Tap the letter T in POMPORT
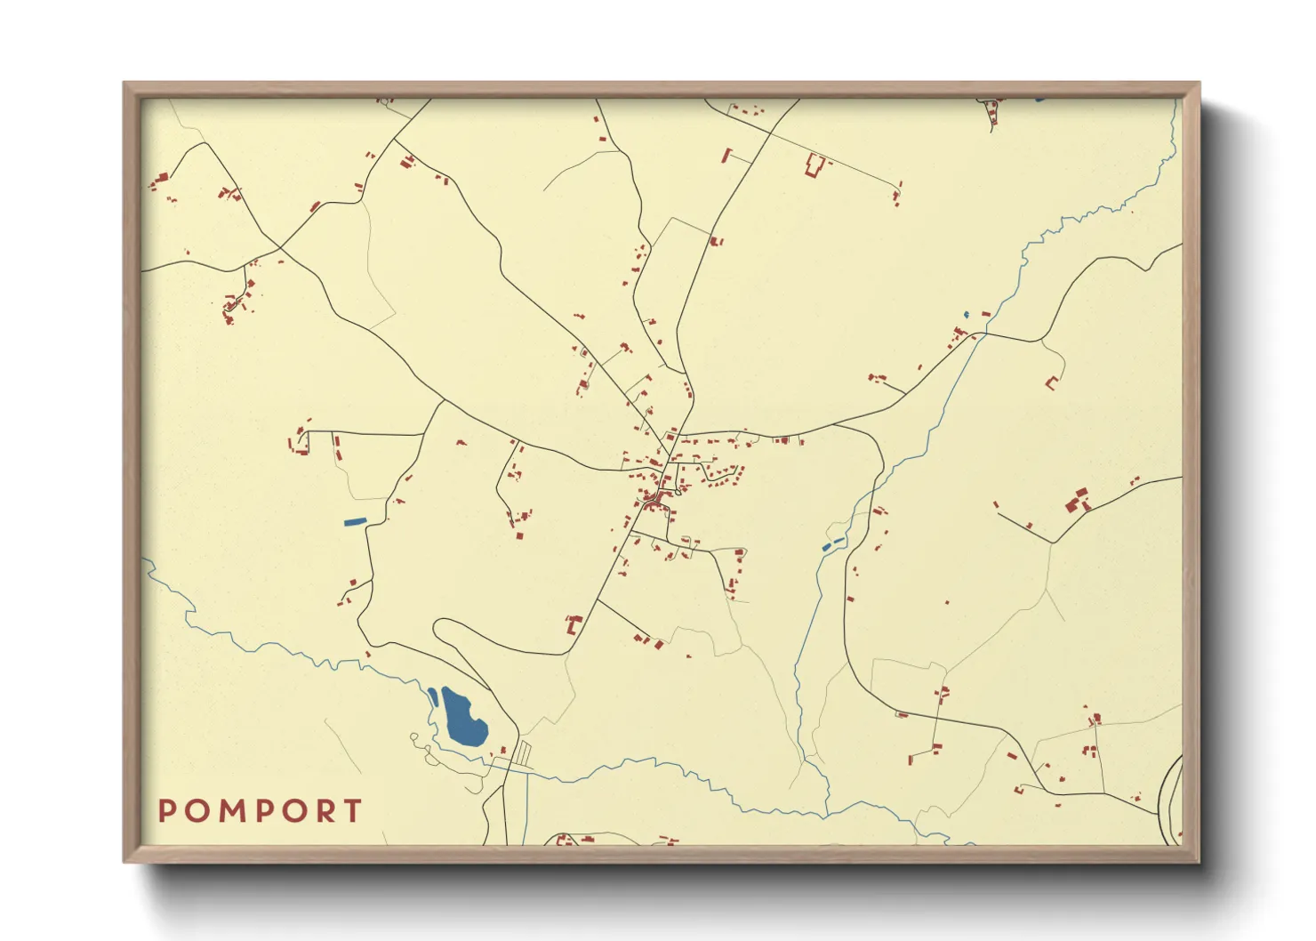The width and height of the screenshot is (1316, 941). [x=354, y=811]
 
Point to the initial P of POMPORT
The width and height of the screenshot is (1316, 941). [x=166, y=811]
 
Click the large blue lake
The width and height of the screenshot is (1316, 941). [x=463, y=719]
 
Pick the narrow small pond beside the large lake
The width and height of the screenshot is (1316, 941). [x=432, y=696]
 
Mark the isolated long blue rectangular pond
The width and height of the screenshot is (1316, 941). [x=355, y=521]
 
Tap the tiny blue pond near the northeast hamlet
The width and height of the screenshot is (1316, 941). [x=967, y=315]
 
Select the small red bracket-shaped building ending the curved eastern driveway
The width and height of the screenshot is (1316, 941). [x=1052, y=383]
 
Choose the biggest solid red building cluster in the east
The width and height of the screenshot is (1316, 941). [x=1078, y=501]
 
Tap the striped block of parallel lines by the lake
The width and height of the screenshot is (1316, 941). [x=523, y=754]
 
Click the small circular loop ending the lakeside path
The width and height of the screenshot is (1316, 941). [x=413, y=737]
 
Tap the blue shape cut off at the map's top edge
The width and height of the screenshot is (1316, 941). [x=1039, y=100]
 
